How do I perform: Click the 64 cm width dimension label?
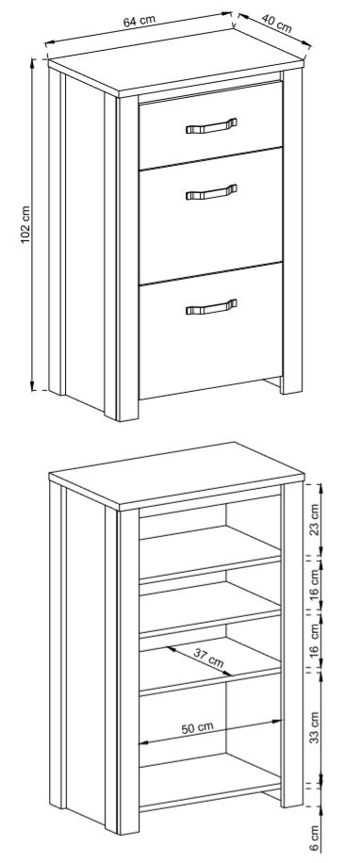click(139, 21)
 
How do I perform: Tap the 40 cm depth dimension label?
click(276, 24)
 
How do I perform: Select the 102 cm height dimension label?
click(25, 224)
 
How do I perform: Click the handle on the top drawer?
click(211, 126)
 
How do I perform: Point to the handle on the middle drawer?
click(211, 192)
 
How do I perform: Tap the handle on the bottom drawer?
click(211, 306)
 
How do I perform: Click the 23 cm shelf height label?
click(314, 520)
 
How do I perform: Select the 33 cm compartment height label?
click(314, 727)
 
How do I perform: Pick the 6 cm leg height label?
click(314, 838)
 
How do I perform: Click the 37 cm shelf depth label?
click(208, 658)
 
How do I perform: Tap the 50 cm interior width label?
click(197, 727)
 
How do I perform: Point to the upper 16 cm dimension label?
click(314, 584)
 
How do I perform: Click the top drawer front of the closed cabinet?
click(210, 125)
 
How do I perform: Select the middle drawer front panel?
click(210, 216)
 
